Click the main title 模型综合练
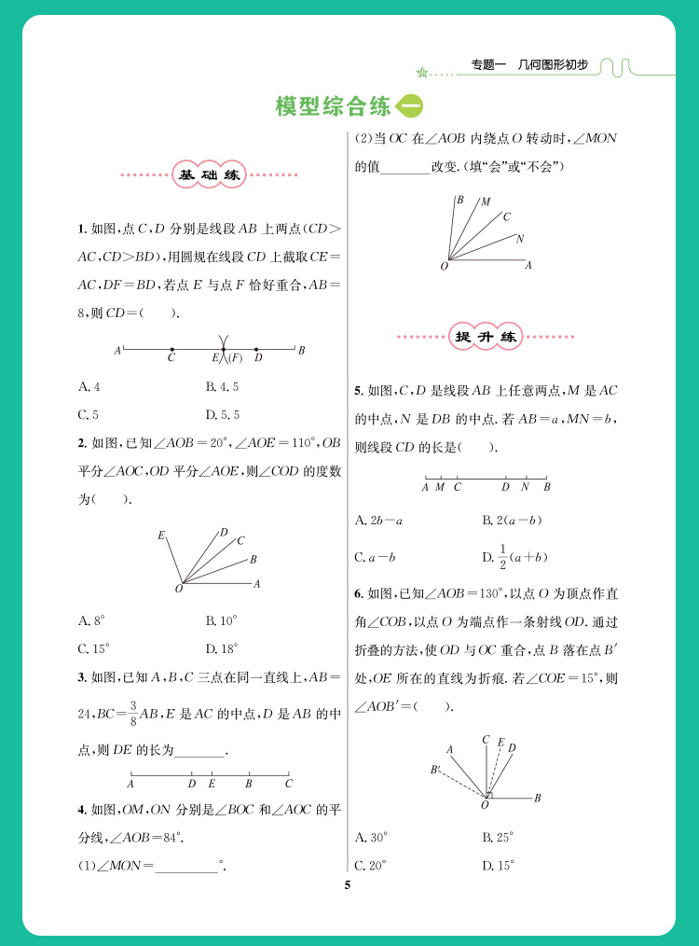[x=333, y=106]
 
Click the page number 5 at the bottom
[x=347, y=885]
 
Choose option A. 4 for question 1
[x=89, y=386]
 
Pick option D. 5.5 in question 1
[x=222, y=414]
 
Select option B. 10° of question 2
[x=221, y=619]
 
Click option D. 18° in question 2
[x=221, y=647]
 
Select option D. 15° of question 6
[x=498, y=865]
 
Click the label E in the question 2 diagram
[x=161, y=536]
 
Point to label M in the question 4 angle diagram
[x=485, y=202]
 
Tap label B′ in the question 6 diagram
[x=435, y=770]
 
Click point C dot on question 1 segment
[x=171, y=350]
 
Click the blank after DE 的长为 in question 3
[x=199, y=751]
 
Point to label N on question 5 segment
[x=526, y=486]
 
